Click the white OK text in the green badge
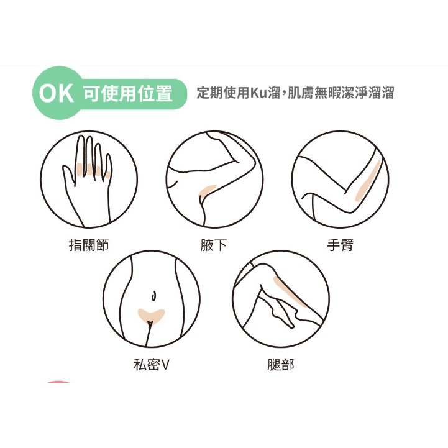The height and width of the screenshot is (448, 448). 57,93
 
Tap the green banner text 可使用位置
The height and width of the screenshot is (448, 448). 128,93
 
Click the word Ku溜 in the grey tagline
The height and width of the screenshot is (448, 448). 265,93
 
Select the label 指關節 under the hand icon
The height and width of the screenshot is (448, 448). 89,245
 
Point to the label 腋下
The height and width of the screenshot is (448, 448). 214,245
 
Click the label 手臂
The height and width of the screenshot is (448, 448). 341,245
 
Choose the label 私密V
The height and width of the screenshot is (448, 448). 152,365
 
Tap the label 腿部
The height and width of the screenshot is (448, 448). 281,365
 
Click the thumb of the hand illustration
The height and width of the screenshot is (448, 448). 68,174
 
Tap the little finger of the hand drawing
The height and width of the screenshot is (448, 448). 109,167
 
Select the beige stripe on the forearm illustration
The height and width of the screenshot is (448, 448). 368,181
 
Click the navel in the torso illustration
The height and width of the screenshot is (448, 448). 153,296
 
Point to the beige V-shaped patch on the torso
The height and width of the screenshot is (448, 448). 151,316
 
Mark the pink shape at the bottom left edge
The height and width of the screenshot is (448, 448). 58,382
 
